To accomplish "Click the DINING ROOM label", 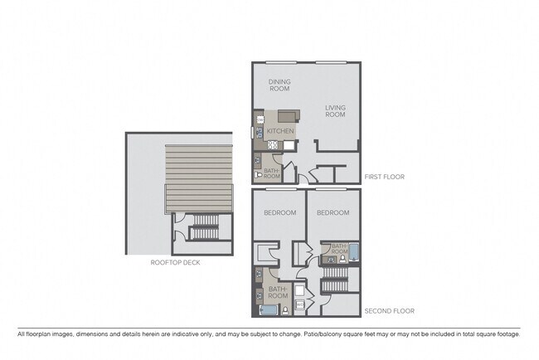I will coord(279,85).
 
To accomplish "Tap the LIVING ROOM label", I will coord(335,111).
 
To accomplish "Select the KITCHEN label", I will coord(279,131).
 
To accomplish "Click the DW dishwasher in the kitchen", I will coord(260,120).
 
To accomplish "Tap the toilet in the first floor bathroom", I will coord(258,174).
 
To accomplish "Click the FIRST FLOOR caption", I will coord(385,176).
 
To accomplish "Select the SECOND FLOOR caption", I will coord(390,311).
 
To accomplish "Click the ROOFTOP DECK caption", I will coord(175,262).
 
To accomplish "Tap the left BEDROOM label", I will coord(279,212).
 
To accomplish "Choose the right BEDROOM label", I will coord(333,212).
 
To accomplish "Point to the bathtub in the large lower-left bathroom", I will coord(268,310).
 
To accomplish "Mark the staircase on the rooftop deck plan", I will coord(203,232).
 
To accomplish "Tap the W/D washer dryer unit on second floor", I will coord(299,304).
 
